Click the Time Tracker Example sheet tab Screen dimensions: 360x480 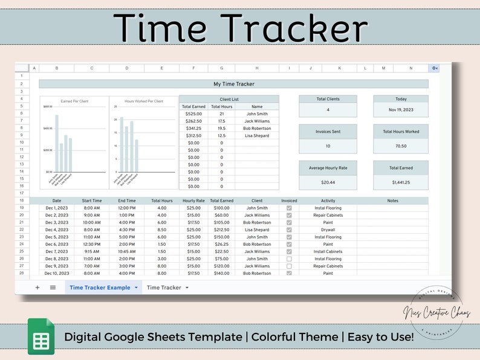[100, 288]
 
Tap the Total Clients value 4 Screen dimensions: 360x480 [328, 110]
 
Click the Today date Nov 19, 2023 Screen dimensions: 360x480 [400, 110]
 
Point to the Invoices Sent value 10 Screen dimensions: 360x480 [328, 146]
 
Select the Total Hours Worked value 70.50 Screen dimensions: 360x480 [400, 146]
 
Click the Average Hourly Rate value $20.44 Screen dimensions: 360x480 [328, 182]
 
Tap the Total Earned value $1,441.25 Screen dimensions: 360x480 [400, 182]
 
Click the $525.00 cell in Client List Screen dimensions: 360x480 [193, 114]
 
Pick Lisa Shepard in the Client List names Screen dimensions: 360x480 [257, 135]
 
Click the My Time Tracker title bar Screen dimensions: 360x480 [233, 84]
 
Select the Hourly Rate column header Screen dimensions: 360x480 [193, 201]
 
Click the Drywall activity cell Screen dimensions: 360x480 [328, 230]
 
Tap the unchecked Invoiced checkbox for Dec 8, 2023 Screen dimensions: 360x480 [289, 259]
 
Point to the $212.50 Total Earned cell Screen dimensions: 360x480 [222, 230]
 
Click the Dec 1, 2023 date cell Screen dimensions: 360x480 [57, 208]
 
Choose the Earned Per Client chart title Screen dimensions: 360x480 [74, 101]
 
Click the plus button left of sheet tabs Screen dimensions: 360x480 [37, 288]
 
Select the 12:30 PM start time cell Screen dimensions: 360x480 [92, 244]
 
